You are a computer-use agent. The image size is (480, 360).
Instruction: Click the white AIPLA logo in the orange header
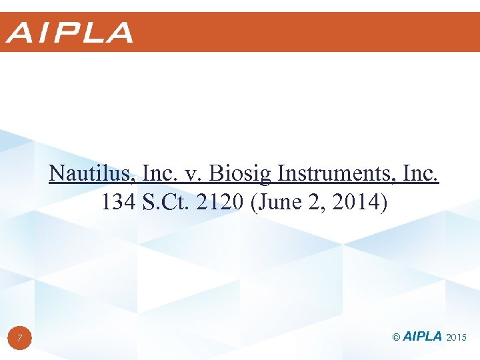coord(69,33)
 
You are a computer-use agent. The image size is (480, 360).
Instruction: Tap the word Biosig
coord(241,174)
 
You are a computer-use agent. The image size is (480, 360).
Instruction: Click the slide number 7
coord(20,339)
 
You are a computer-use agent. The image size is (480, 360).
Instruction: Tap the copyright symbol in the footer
coord(397,338)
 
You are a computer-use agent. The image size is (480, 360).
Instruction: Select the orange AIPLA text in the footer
coord(423,337)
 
